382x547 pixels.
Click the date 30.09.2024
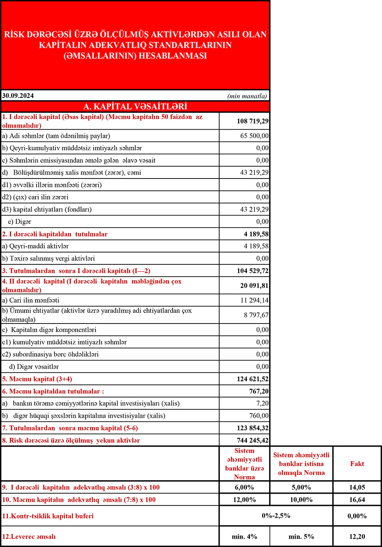(x=18, y=96)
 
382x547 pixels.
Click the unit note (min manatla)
(x=247, y=96)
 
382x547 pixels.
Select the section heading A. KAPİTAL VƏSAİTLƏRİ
(x=135, y=106)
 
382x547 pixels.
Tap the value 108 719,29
(x=253, y=121)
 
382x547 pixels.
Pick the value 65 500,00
(x=254, y=136)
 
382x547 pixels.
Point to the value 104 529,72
(x=253, y=271)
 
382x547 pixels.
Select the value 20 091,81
(x=254, y=286)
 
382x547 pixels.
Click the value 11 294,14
(x=254, y=301)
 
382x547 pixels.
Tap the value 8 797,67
(x=256, y=315)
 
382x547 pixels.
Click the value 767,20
(x=259, y=391)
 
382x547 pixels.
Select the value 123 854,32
(x=253, y=428)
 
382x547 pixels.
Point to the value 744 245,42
(x=253, y=441)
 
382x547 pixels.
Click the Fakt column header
(x=357, y=464)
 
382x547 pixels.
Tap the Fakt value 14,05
(x=357, y=487)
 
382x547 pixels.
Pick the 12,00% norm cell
(x=244, y=500)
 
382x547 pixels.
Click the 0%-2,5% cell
(x=276, y=516)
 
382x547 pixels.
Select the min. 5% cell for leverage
(x=301, y=537)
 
